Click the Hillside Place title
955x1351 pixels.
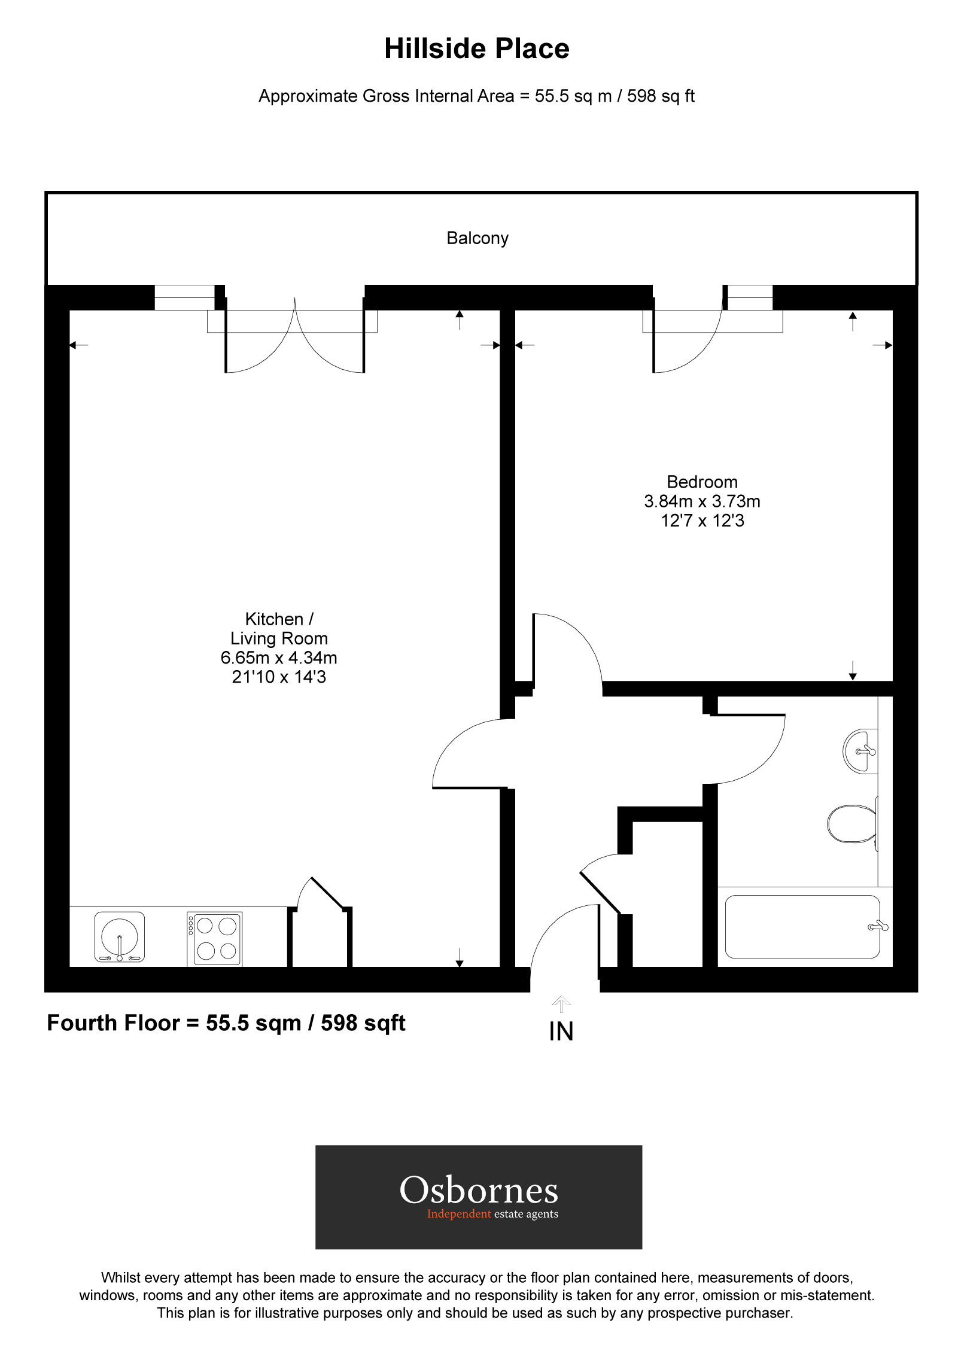point(476,49)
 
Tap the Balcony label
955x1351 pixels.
point(477,238)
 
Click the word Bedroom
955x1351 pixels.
point(702,482)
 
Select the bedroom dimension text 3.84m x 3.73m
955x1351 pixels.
point(702,501)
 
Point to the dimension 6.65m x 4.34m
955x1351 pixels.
point(279,658)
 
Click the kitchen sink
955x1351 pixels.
point(120,937)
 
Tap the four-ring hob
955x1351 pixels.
point(215,938)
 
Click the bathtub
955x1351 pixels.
point(802,927)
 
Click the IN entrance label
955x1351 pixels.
point(561,1031)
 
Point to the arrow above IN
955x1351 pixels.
point(561,1004)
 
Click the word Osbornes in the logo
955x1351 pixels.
point(479,1191)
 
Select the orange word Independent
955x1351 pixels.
point(458,1214)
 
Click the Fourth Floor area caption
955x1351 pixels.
point(226,1023)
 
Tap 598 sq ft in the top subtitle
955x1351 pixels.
point(661,96)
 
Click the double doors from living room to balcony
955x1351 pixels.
point(294,341)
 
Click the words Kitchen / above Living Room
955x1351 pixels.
point(279,619)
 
